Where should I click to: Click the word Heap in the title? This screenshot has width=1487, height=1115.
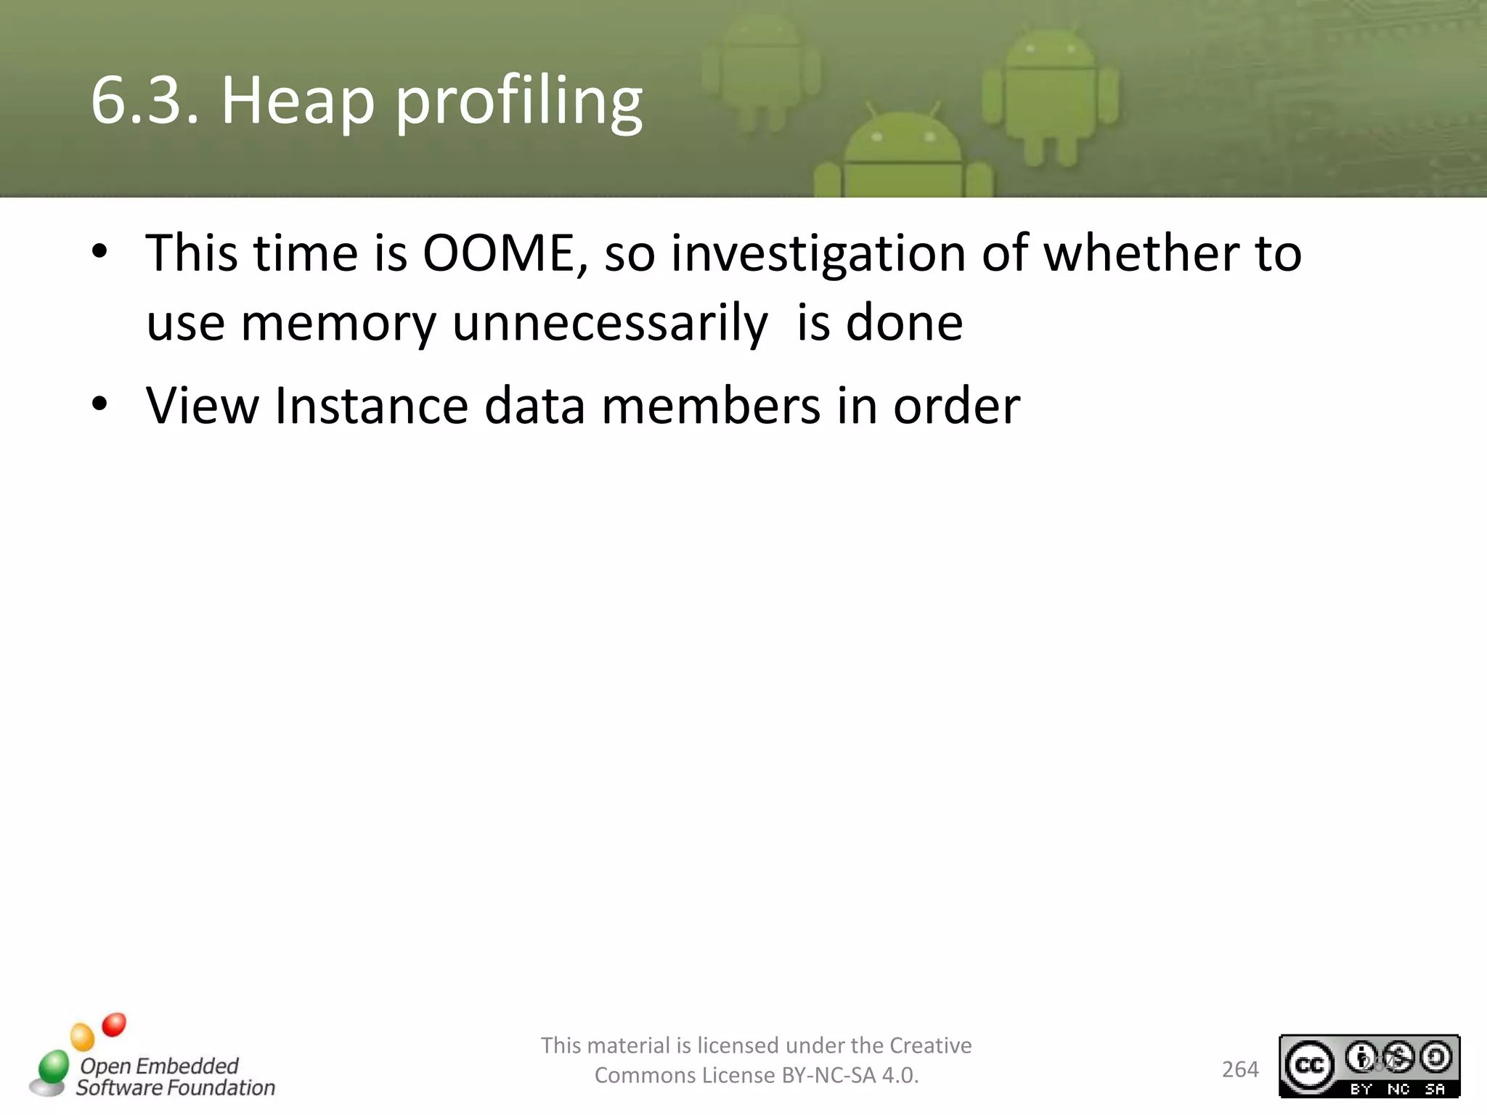click(298, 102)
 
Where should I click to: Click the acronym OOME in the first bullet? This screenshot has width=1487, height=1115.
click(499, 254)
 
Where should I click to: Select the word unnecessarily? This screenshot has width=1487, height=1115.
click(609, 324)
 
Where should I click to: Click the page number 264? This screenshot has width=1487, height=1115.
click(1240, 1069)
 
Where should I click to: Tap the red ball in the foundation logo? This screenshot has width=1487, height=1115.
click(114, 1025)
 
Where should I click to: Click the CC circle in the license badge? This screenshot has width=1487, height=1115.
click(1309, 1066)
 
